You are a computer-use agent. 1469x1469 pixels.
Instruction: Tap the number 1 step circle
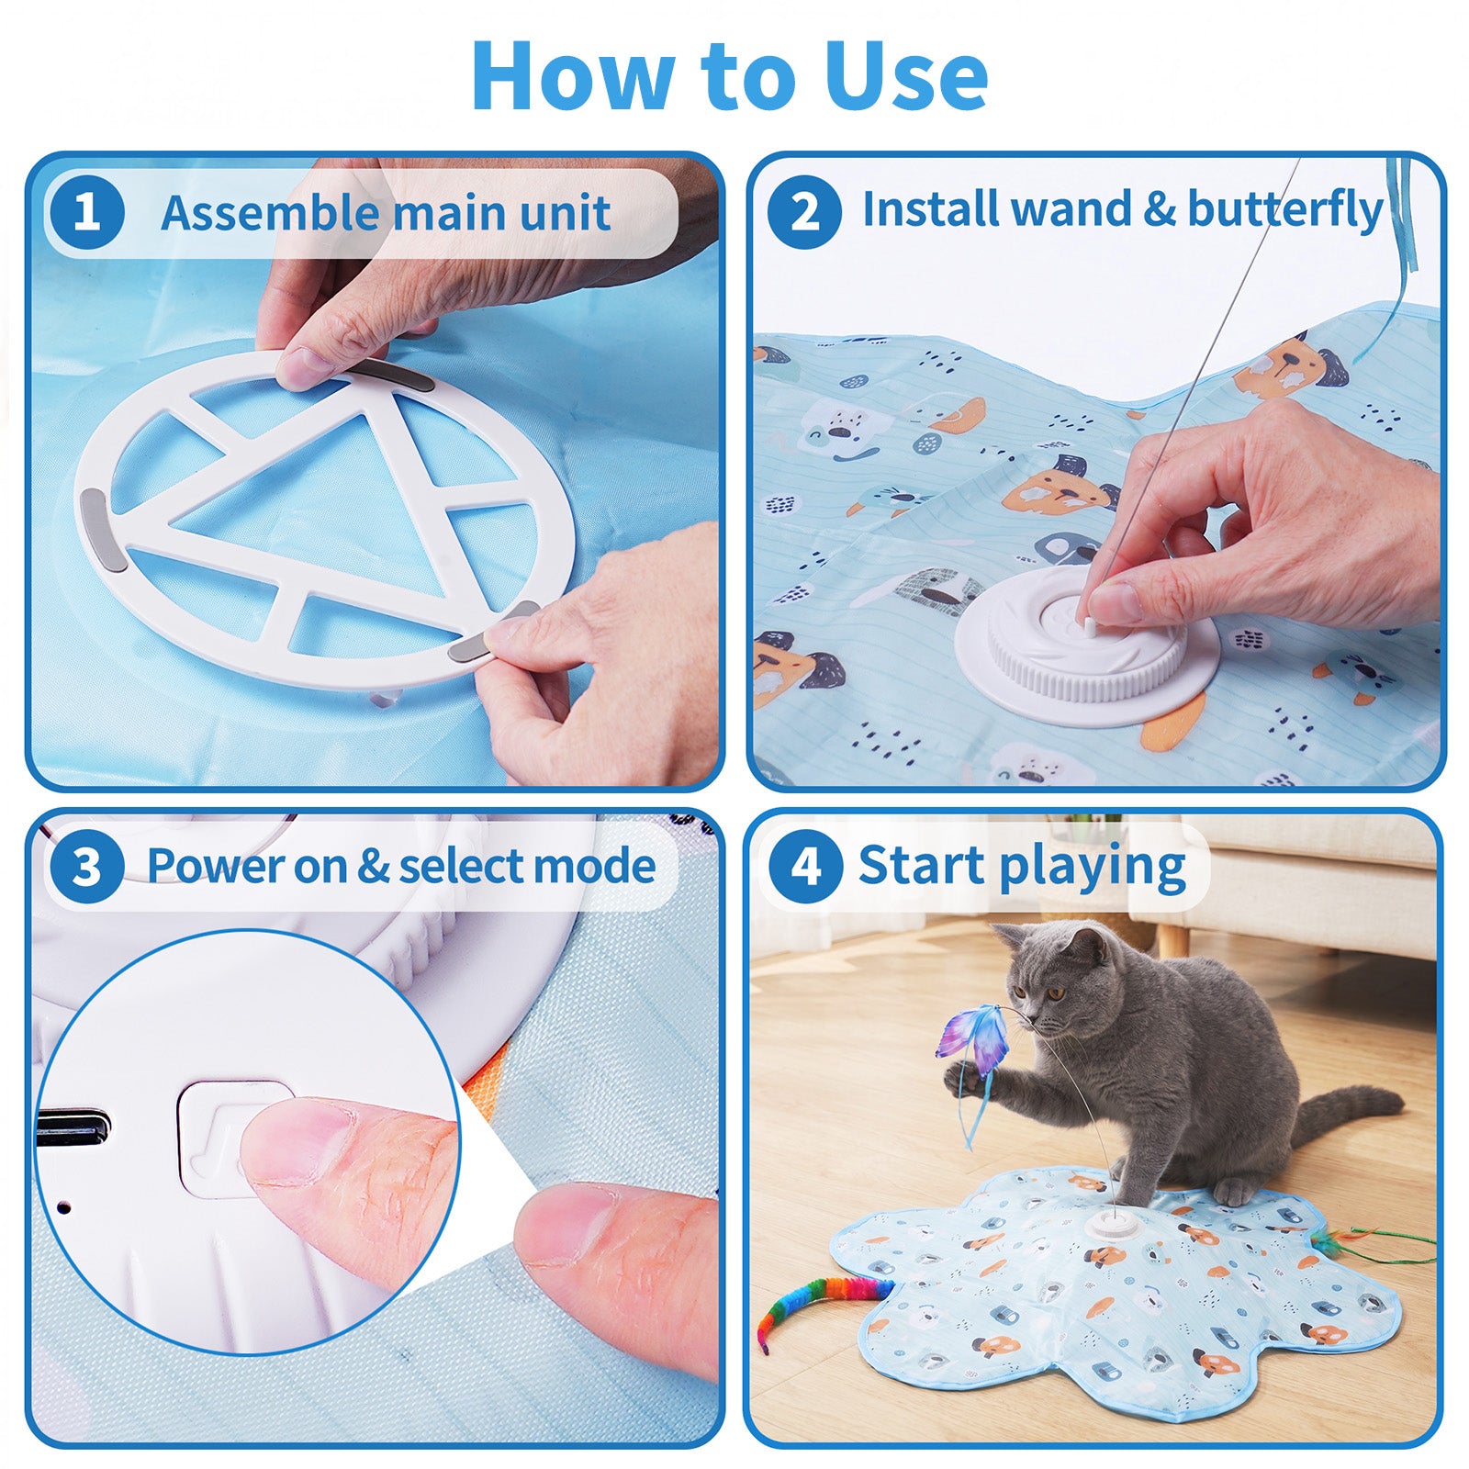click(x=87, y=212)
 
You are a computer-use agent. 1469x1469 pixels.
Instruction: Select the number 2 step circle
click(x=804, y=212)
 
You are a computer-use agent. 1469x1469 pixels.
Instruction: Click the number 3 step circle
click(x=87, y=866)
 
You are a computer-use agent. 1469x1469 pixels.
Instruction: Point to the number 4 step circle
click(x=805, y=866)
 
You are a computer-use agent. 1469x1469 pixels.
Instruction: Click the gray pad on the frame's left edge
click(x=95, y=521)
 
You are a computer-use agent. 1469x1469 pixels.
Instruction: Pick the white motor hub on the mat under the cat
click(x=1113, y=1225)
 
